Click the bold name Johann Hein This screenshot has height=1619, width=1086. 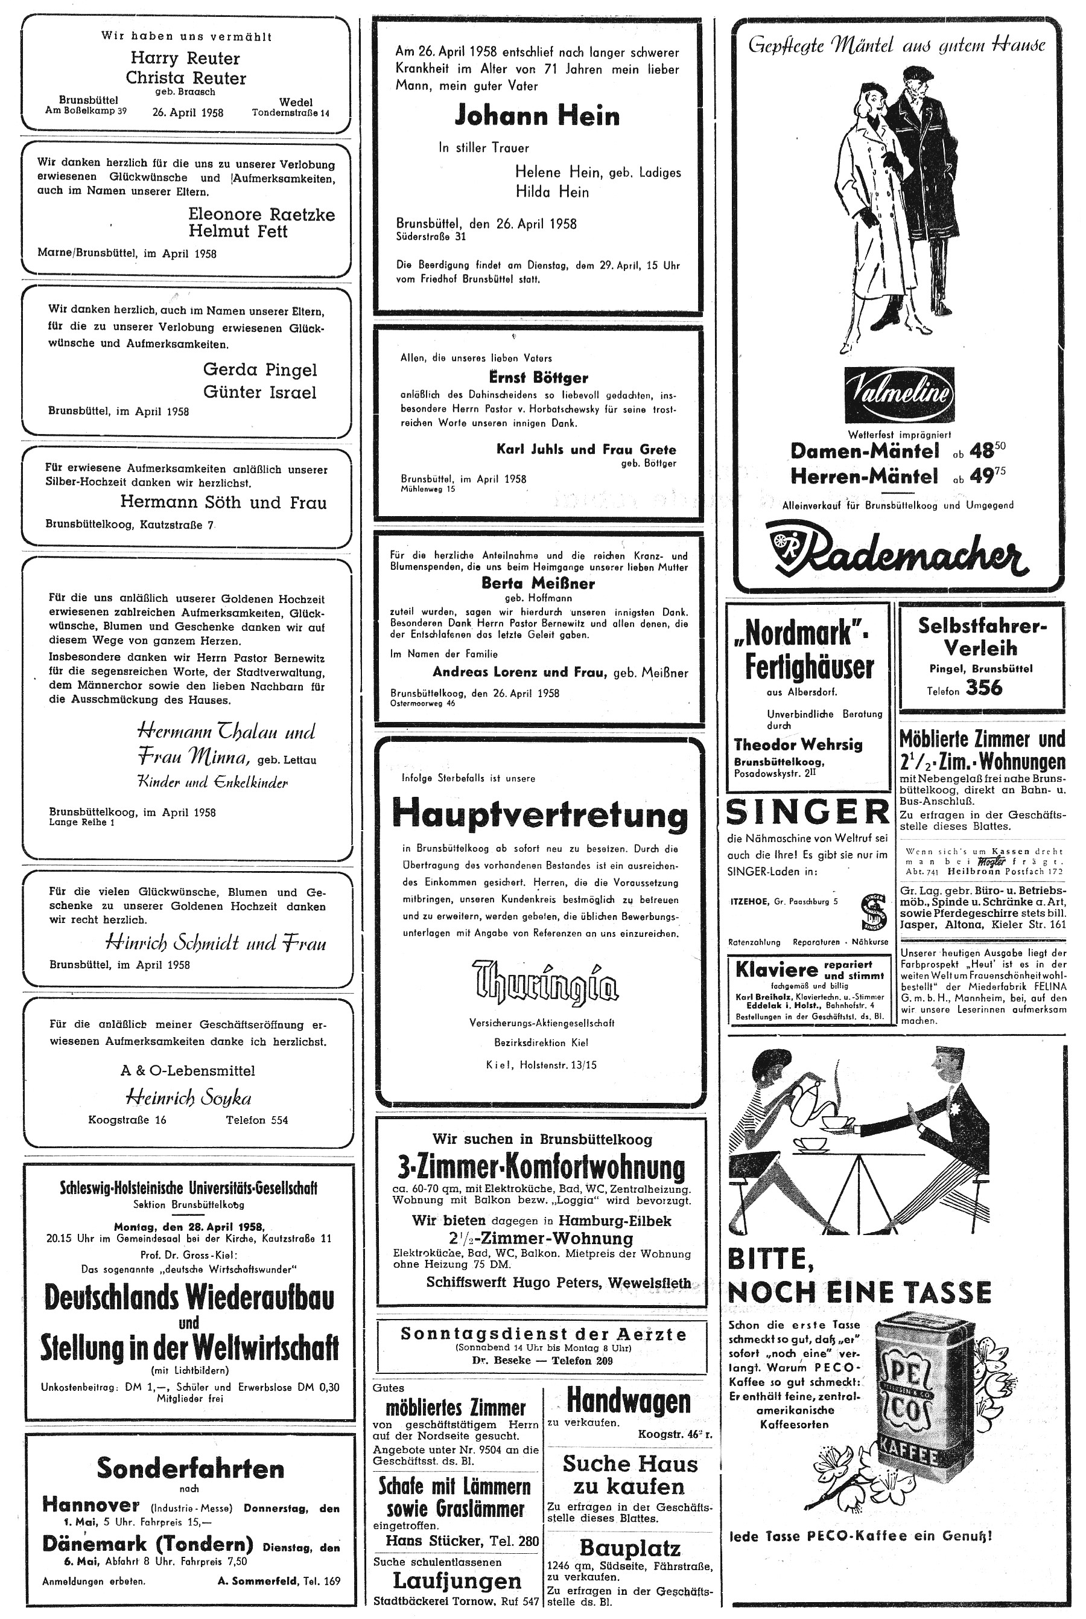[537, 117]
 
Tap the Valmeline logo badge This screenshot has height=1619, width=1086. [899, 395]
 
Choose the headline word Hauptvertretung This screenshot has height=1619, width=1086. [540, 815]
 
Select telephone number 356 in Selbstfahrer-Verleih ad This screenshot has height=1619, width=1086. [983, 688]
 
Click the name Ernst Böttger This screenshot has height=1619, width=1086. [538, 377]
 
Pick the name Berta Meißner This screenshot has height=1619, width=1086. [538, 583]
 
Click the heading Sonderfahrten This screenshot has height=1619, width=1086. [190, 1468]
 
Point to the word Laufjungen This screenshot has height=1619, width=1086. [457, 1580]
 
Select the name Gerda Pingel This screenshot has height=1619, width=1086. [259, 369]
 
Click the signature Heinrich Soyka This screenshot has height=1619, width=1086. [188, 1097]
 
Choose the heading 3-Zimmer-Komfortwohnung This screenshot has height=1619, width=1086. [541, 1168]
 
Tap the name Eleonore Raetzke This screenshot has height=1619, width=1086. [261, 214]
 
